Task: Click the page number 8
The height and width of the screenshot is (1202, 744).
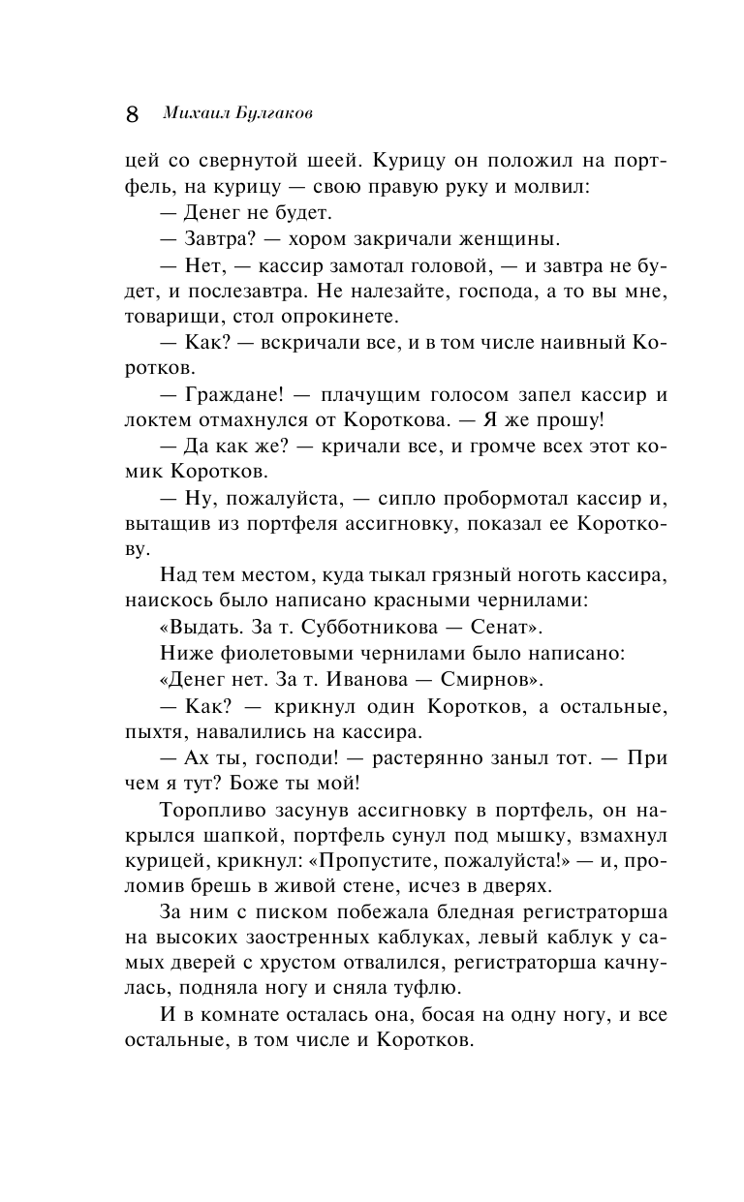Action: pyautogui.click(x=133, y=113)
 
